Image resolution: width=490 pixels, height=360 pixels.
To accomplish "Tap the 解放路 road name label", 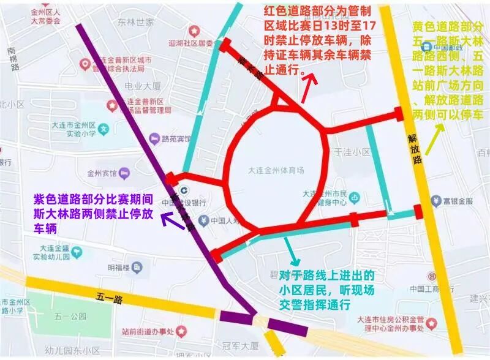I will (x=416, y=150).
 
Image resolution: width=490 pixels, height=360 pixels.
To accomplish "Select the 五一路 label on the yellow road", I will (x=110, y=299).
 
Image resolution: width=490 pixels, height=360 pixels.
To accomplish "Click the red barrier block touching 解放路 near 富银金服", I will (x=418, y=211).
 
